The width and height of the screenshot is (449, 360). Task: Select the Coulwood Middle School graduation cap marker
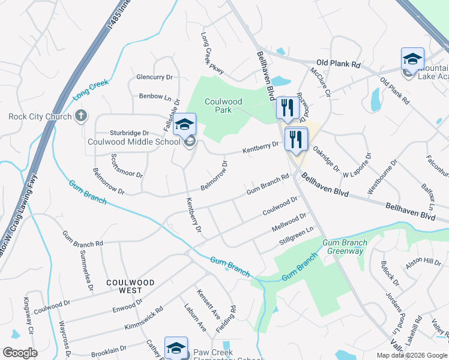185,125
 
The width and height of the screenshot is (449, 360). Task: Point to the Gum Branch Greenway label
343,247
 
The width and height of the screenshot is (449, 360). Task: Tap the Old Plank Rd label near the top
339,63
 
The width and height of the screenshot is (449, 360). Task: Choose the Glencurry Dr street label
154,77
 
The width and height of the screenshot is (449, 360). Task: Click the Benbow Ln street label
151,96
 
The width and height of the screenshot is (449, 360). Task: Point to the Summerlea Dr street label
87,270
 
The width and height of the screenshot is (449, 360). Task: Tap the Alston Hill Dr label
423,262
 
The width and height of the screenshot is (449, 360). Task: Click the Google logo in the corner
20,353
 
